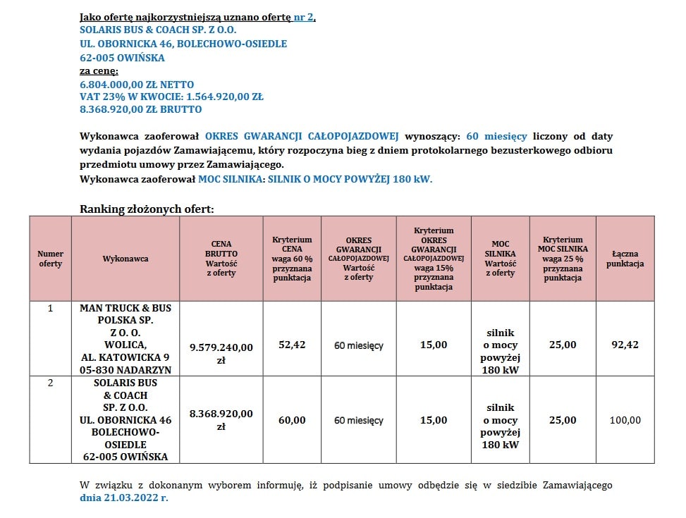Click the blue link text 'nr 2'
click(304, 17)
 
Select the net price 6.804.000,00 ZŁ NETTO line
click(137, 85)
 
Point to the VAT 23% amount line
click(171, 97)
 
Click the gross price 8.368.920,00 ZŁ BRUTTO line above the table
click(141, 109)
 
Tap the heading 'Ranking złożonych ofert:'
click(147, 209)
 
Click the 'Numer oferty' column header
click(50, 259)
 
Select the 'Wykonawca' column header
click(125, 259)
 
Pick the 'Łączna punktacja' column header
click(625, 259)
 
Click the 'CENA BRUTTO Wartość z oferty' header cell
click(221, 259)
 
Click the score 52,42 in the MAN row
click(291, 345)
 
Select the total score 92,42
click(625, 345)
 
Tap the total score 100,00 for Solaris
click(625, 420)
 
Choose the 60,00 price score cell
click(291, 420)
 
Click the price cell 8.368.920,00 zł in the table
click(221, 420)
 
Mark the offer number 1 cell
click(50, 309)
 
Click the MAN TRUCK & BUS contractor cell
click(125, 339)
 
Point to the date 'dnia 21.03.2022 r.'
click(123, 498)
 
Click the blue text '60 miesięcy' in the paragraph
click(496, 135)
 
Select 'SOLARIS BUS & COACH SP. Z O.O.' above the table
click(158, 30)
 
